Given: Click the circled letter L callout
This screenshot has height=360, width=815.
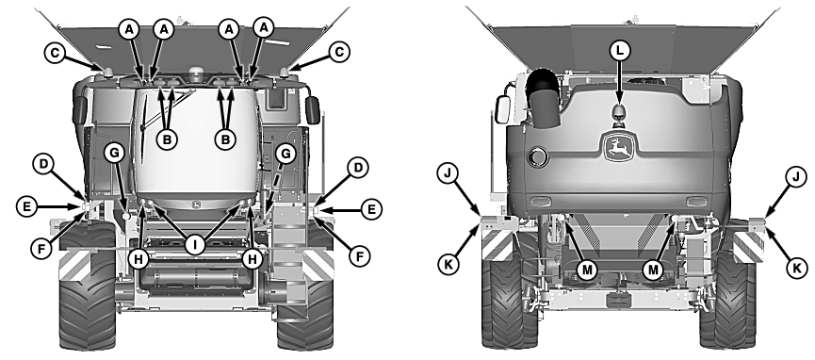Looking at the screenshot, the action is click(619, 51).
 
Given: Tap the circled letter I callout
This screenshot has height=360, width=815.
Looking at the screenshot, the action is click(195, 244).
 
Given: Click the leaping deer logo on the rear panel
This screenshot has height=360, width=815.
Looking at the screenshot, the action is click(619, 147).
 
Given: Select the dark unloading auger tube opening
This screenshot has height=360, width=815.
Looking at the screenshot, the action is click(542, 83).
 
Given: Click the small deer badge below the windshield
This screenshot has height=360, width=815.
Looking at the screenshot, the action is click(196, 204).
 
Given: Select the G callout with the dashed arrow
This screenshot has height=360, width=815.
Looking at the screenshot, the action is click(285, 154).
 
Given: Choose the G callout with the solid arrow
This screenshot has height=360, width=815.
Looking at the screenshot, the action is click(114, 153).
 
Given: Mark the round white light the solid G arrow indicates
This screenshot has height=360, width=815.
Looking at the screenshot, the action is click(125, 215).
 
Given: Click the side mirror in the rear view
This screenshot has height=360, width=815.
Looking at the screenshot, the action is click(501, 109).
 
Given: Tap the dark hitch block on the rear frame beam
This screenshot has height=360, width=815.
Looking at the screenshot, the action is click(619, 299).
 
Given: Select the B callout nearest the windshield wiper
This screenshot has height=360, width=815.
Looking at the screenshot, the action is click(167, 139).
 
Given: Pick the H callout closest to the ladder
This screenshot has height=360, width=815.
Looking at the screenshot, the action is click(253, 258).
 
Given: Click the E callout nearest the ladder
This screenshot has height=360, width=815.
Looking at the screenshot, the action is click(371, 209).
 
